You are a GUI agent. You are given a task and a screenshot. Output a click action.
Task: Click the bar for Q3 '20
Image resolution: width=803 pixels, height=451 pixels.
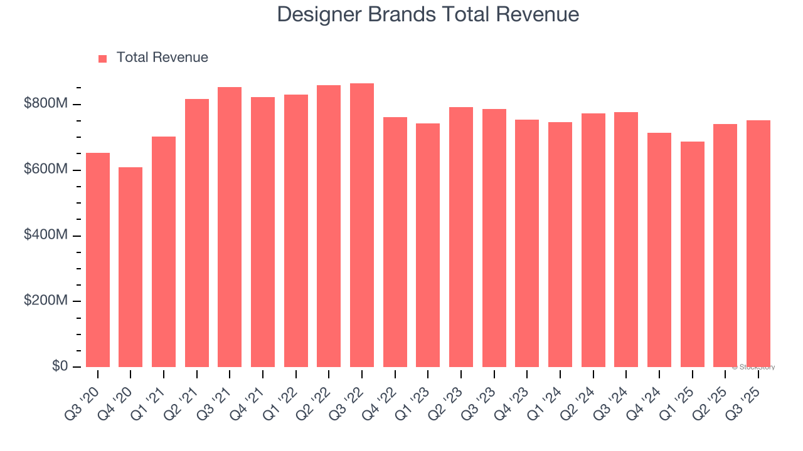(x=98, y=260)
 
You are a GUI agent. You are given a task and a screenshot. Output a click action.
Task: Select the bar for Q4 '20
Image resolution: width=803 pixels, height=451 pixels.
(x=130, y=267)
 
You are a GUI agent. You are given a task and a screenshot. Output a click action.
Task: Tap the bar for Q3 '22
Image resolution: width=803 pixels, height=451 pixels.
(x=362, y=225)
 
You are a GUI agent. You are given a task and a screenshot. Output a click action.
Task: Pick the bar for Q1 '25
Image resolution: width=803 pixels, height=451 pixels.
(x=693, y=254)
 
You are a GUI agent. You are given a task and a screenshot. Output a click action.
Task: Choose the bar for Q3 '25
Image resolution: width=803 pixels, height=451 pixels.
(x=758, y=244)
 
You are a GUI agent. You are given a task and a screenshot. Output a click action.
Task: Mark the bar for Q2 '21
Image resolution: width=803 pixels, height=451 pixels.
(x=197, y=233)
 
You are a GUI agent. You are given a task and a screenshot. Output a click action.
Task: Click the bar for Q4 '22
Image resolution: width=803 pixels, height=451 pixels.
(x=395, y=242)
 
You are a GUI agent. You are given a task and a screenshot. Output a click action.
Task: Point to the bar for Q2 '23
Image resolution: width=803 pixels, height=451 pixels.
(x=461, y=237)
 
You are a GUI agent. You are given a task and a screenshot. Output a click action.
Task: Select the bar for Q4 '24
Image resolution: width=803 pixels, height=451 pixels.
(x=659, y=250)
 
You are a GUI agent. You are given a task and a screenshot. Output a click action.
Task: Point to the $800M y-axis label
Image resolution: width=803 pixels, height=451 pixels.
(x=45, y=104)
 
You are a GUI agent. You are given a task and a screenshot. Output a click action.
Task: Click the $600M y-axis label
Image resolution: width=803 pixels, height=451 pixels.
(x=45, y=170)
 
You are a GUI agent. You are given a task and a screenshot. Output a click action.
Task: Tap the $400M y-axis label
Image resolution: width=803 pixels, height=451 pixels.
(x=45, y=236)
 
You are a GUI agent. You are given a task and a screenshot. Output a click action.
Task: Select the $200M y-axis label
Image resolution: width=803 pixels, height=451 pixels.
(x=45, y=301)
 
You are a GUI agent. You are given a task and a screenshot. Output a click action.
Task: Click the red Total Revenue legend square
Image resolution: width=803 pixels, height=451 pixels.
(x=103, y=58)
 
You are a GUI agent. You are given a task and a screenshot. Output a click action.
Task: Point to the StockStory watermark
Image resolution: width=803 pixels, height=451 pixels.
(x=753, y=367)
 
